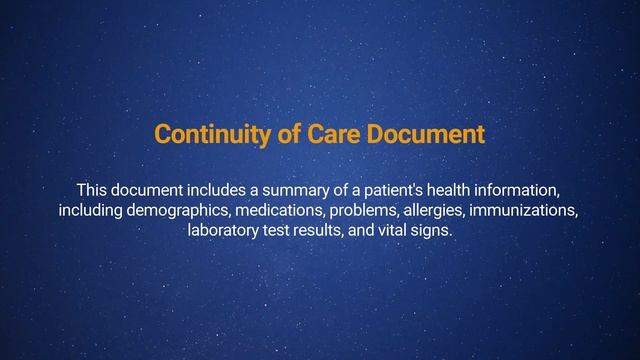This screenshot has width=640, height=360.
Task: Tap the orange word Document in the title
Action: (435, 135)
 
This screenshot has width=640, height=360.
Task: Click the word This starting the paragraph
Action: (92, 189)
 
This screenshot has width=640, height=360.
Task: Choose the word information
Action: (535, 189)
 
